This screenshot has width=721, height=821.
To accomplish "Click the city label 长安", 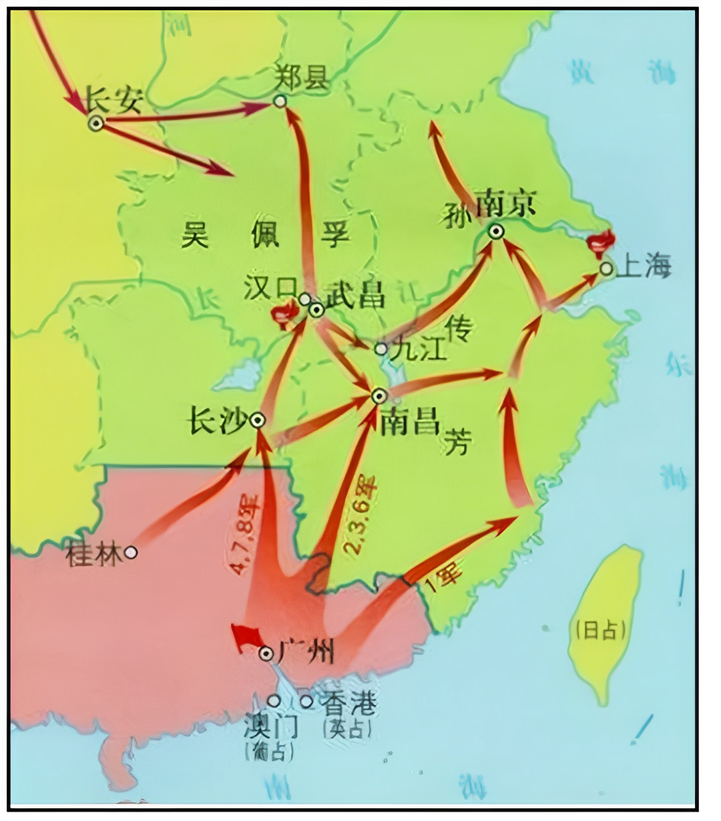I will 114,101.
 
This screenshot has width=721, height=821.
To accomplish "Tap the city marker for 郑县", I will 280,101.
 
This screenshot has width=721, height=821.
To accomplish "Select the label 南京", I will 505,202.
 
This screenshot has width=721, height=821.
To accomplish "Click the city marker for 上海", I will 606,269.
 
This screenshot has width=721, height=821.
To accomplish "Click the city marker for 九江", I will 381,348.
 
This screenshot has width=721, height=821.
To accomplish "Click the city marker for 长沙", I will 258,420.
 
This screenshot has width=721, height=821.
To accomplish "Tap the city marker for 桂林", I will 131,552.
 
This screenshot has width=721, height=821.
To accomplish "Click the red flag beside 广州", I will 245,637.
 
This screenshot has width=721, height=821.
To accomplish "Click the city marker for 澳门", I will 274,701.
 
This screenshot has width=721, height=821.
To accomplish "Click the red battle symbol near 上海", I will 601,243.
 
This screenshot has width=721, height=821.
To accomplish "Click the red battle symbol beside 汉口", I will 283,314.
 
